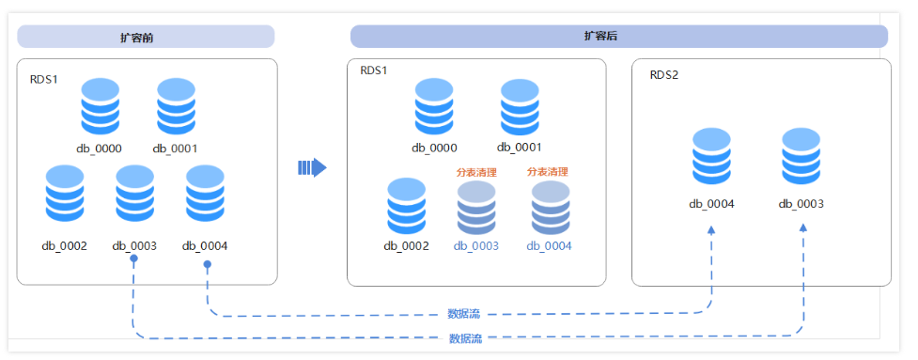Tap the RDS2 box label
tap(664, 74)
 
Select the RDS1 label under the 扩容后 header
tap(374, 70)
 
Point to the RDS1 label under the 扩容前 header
tap(44, 79)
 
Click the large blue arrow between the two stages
tap(312, 167)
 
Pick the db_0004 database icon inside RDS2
tap(712, 156)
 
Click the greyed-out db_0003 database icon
tap(476, 208)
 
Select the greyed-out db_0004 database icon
tap(550, 208)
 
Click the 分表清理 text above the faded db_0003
tap(476, 173)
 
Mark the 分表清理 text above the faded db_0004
tap(548, 172)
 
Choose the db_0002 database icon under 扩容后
tap(407, 208)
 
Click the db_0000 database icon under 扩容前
tap(100, 107)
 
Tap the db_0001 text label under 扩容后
tap(520, 148)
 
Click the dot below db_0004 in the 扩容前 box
tap(207, 265)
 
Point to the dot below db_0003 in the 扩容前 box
tap(134, 258)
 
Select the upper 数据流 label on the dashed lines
tap(464, 314)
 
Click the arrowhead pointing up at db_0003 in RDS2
tap(803, 229)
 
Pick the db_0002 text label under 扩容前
tap(64, 246)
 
